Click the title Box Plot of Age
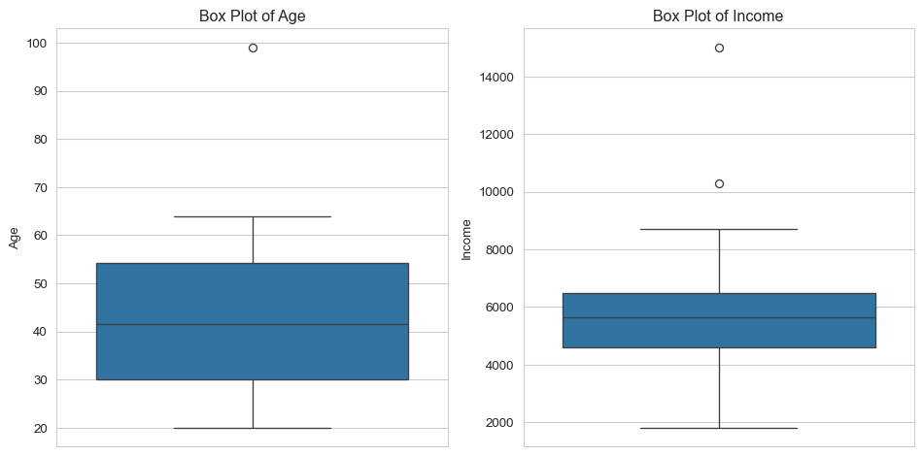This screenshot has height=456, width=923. click(x=252, y=16)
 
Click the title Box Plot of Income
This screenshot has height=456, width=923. click(x=718, y=16)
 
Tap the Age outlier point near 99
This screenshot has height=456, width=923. click(x=254, y=49)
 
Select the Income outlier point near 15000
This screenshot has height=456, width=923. click(x=719, y=49)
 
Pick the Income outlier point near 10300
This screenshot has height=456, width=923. click(x=719, y=184)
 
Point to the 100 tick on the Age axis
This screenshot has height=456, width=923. click(x=38, y=44)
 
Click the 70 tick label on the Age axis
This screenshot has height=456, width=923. click(x=42, y=188)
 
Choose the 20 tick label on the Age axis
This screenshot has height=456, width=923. click(x=42, y=429)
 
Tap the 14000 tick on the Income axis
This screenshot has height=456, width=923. click(x=496, y=77)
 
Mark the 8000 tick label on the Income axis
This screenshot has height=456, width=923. click(x=500, y=249)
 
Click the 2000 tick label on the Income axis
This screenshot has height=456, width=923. click(x=500, y=422)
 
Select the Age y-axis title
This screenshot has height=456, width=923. click(x=15, y=238)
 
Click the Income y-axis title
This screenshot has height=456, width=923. click(x=466, y=240)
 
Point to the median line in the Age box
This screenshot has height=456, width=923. click(x=253, y=324)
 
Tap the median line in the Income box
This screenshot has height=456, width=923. click(x=719, y=318)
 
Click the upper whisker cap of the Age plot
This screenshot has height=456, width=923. click(x=254, y=216)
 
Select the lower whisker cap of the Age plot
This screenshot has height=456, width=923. click(x=254, y=429)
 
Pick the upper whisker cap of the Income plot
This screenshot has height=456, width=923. click(x=719, y=229)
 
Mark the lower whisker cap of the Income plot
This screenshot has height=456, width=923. click(x=719, y=429)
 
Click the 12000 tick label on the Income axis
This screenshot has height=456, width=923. click(x=496, y=135)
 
